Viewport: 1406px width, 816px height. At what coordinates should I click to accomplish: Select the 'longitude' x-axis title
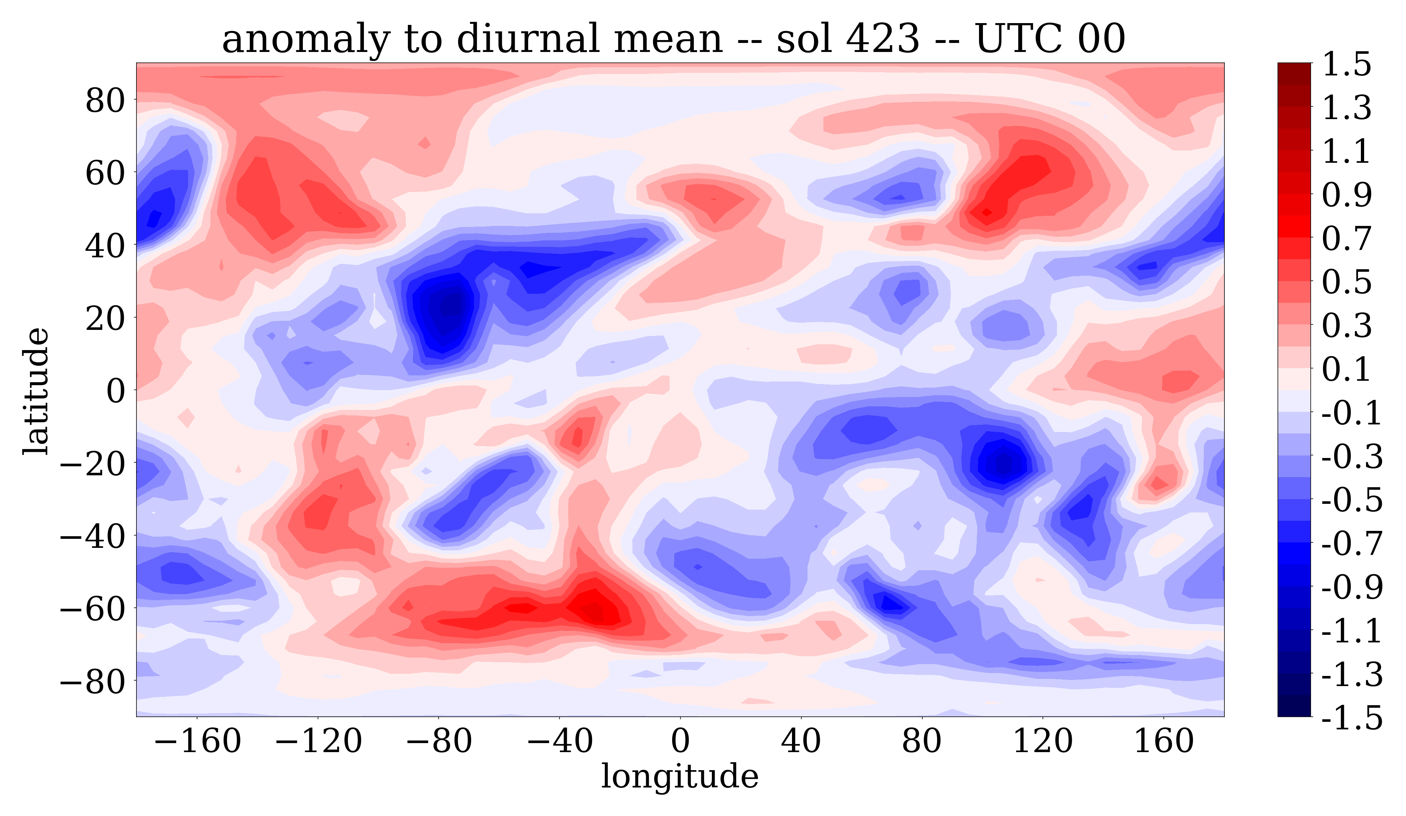click(x=680, y=776)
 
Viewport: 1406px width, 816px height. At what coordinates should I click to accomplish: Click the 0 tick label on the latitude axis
click(x=116, y=390)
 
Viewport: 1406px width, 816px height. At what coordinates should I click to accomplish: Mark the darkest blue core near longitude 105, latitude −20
click(x=1003, y=463)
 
